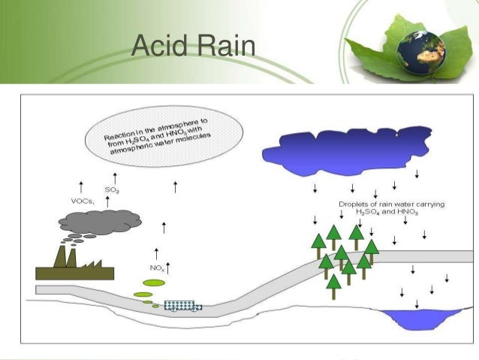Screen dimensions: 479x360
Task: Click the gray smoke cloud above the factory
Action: tap(101, 221)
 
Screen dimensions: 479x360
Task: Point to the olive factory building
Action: tap(71, 267)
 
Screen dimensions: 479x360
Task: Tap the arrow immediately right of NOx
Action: tap(169, 265)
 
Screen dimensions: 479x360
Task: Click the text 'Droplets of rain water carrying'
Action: tap(378, 204)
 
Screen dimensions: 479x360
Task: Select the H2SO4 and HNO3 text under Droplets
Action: tap(376, 213)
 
